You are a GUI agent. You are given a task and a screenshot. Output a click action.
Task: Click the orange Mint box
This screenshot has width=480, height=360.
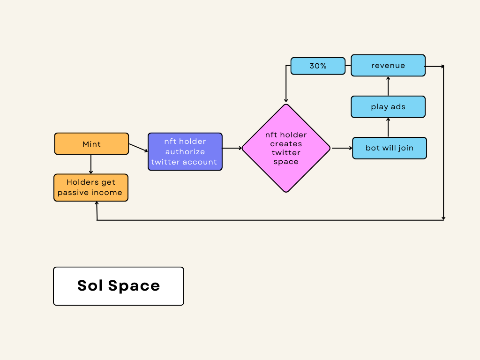pyautogui.click(x=91, y=144)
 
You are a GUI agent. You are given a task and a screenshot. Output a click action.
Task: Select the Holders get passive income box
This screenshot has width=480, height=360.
pyautogui.click(x=91, y=187)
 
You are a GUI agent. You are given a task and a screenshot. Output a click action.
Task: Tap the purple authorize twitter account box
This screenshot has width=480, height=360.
pyautogui.click(x=185, y=151)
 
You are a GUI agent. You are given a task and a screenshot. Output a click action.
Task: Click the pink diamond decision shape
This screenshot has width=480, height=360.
pyautogui.click(x=286, y=148)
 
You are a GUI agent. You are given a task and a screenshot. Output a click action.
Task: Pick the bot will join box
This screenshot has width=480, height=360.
pyautogui.click(x=390, y=148)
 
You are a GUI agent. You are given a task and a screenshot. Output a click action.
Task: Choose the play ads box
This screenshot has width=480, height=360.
pyautogui.click(x=388, y=107)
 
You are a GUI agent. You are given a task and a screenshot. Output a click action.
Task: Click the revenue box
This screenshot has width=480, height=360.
pyautogui.click(x=388, y=66)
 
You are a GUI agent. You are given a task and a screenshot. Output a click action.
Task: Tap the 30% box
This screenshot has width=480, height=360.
pyautogui.click(x=318, y=66)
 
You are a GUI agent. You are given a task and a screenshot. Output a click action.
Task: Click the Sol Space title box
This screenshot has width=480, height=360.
pyautogui.click(x=119, y=286)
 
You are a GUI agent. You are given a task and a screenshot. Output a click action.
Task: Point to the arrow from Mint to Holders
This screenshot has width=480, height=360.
pyautogui.click(x=91, y=164)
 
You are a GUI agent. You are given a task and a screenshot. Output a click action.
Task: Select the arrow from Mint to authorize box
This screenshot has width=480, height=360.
pyautogui.click(x=138, y=148)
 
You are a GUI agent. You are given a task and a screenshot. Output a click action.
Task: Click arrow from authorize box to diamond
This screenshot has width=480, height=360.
pyautogui.click(x=232, y=148)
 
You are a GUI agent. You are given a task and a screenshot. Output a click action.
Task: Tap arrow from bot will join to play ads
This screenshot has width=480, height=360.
pyautogui.click(x=388, y=127)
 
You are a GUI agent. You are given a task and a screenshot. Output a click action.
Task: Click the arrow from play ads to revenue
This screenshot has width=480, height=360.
pyautogui.click(x=388, y=86)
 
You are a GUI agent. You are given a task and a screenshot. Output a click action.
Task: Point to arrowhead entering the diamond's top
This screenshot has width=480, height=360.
pyautogui.click(x=286, y=100)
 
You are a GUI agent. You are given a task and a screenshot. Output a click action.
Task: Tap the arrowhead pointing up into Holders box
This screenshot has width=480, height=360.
pyautogui.click(x=97, y=203)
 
